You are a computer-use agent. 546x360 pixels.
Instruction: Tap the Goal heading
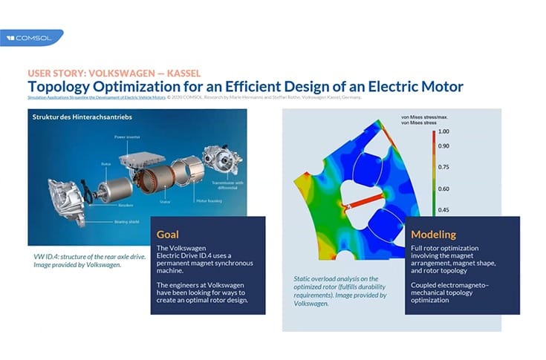(170, 233)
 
